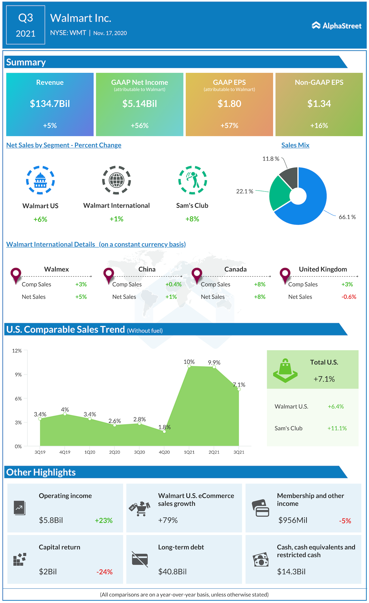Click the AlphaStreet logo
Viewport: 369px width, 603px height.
336,26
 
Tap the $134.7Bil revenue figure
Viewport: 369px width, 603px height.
50,104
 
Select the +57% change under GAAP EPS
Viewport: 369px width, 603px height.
229,126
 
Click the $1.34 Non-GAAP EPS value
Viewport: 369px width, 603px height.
319,104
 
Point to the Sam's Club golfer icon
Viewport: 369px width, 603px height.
192,180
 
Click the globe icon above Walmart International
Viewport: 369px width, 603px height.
116,180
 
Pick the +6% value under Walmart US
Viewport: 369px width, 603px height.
40,219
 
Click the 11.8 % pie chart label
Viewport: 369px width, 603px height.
271,159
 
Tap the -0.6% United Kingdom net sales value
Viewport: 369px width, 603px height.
349,297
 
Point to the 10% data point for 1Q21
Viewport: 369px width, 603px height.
189,366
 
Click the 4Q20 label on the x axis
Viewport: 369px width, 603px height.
164,452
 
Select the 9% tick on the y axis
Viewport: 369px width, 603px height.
18,375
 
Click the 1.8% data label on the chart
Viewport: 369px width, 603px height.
165,427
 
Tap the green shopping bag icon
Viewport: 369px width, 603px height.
285,371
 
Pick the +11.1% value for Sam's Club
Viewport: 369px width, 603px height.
337,428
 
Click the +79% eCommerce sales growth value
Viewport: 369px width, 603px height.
168,520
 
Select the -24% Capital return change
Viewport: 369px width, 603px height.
104,572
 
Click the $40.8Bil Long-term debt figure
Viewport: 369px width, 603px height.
172,572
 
